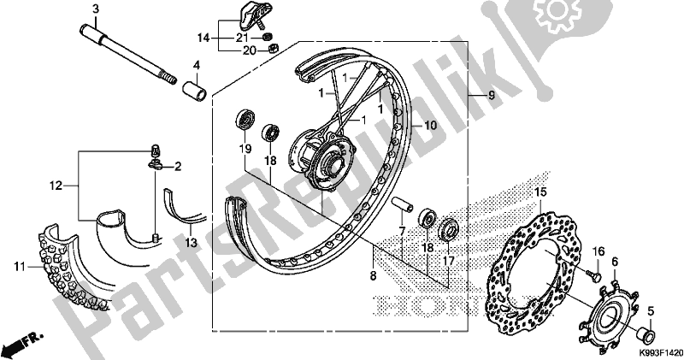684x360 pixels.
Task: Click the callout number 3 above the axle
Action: pyautogui.click(x=96, y=9)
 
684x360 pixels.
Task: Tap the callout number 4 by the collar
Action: pyautogui.click(x=196, y=65)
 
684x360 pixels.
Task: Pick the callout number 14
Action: pyautogui.click(x=203, y=38)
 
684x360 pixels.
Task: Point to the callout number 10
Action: pyautogui.click(x=431, y=125)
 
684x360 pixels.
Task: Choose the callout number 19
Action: pyautogui.click(x=245, y=149)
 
